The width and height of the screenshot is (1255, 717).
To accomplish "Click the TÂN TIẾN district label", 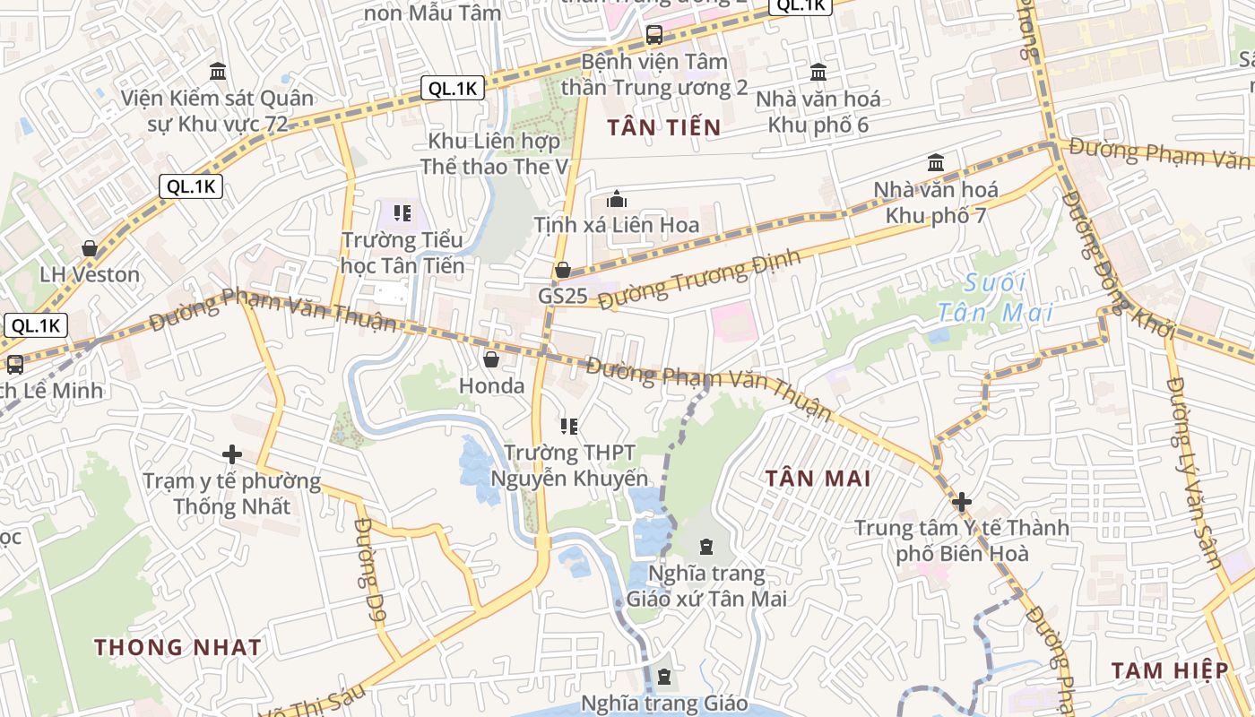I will click(663, 127).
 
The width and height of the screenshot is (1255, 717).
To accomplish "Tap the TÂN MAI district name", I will click(818, 478).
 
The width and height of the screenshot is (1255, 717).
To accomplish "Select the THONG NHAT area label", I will click(177, 647).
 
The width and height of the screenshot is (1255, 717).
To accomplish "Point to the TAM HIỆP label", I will click(1169, 670).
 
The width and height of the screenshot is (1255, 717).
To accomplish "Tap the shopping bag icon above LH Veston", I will click(90, 248).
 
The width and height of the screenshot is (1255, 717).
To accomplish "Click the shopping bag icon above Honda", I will click(491, 360).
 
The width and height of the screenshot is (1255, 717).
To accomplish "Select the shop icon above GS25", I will click(563, 270).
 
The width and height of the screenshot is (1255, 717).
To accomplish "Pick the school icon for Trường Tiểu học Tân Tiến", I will click(402, 213).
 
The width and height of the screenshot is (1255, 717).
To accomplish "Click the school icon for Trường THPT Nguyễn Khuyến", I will click(569, 426).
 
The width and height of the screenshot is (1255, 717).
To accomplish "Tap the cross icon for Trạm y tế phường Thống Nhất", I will click(232, 454).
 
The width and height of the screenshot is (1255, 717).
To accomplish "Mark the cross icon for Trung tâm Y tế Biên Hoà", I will click(962, 502).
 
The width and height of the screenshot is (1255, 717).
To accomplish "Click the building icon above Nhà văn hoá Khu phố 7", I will click(936, 163).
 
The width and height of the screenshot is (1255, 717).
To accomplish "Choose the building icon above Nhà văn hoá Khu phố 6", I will click(818, 72).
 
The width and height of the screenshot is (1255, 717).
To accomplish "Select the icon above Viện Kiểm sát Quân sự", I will click(218, 71).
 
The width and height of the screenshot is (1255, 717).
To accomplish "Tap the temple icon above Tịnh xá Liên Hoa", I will click(617, 199).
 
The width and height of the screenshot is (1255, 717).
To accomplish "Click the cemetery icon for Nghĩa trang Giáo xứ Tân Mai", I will click(706, 547).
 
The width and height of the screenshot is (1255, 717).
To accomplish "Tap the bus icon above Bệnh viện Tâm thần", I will click(654, 36).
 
